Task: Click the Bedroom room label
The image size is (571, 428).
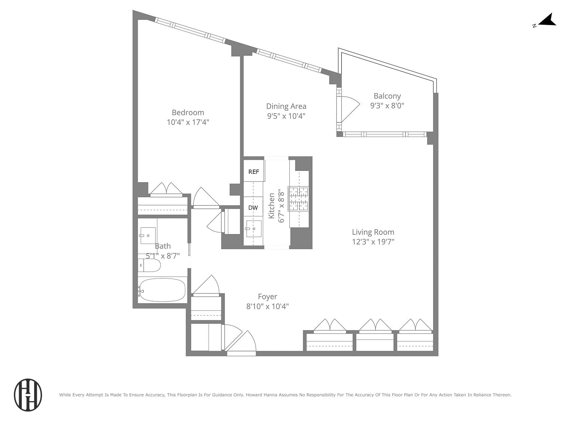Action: pyautogui.click(x=188, y=112)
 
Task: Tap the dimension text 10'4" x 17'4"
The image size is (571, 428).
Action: pyautogui.click(x=188, y=122)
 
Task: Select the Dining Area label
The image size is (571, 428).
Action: pyautogui.click(x=286, y=106)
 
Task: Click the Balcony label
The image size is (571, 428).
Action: pyautogui.click(x=387, y=96)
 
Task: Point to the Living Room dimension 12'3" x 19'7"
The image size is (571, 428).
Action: pyautogui.click(x=373, y=242)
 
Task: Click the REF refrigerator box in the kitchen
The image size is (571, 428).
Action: pyautogui.click(x=254, y=172)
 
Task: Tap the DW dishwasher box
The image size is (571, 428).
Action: pyautogui.click(x=253, y=208)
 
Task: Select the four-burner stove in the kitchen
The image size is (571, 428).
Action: pyautogui.click(x=298, y=199)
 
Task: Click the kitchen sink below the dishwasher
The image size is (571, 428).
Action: pyautogui.click(x=254, y=229)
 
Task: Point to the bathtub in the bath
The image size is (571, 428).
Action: pyautogui.click(x=162, y=290)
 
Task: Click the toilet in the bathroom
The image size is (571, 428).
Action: pyautogui.click(x=150, y=265)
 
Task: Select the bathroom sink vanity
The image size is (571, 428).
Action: pyautogui.click(x=148, y=235)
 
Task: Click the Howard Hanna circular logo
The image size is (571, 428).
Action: pyautogui.click(x=28, y=395)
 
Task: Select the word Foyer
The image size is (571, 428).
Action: pyautogui.click(x=267, y=297)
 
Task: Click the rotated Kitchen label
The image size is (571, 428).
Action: pyautogui.click(x=272, y=206)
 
